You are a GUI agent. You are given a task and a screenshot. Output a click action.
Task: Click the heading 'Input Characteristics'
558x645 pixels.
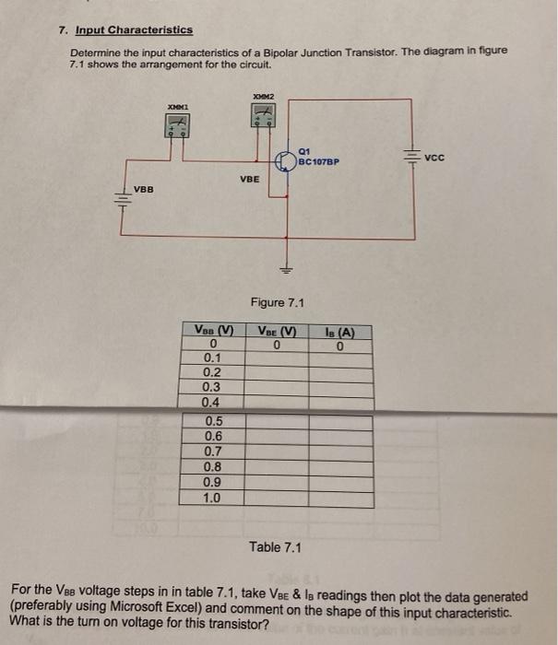point(134,29)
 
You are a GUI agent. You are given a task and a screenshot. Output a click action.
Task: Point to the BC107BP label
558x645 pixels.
point(320,161)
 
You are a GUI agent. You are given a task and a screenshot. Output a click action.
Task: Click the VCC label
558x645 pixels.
point(434,158)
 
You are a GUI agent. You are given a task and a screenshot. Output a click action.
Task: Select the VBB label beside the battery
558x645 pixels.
point(144,189)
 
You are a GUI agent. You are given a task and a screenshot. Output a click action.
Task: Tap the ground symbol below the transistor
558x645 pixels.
point(288,270)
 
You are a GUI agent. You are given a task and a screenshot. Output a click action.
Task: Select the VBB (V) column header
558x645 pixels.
point(213,332)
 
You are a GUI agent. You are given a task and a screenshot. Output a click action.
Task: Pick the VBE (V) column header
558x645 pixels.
point(277,332)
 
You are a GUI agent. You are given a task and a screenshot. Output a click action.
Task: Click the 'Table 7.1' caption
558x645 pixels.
point(276,547)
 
